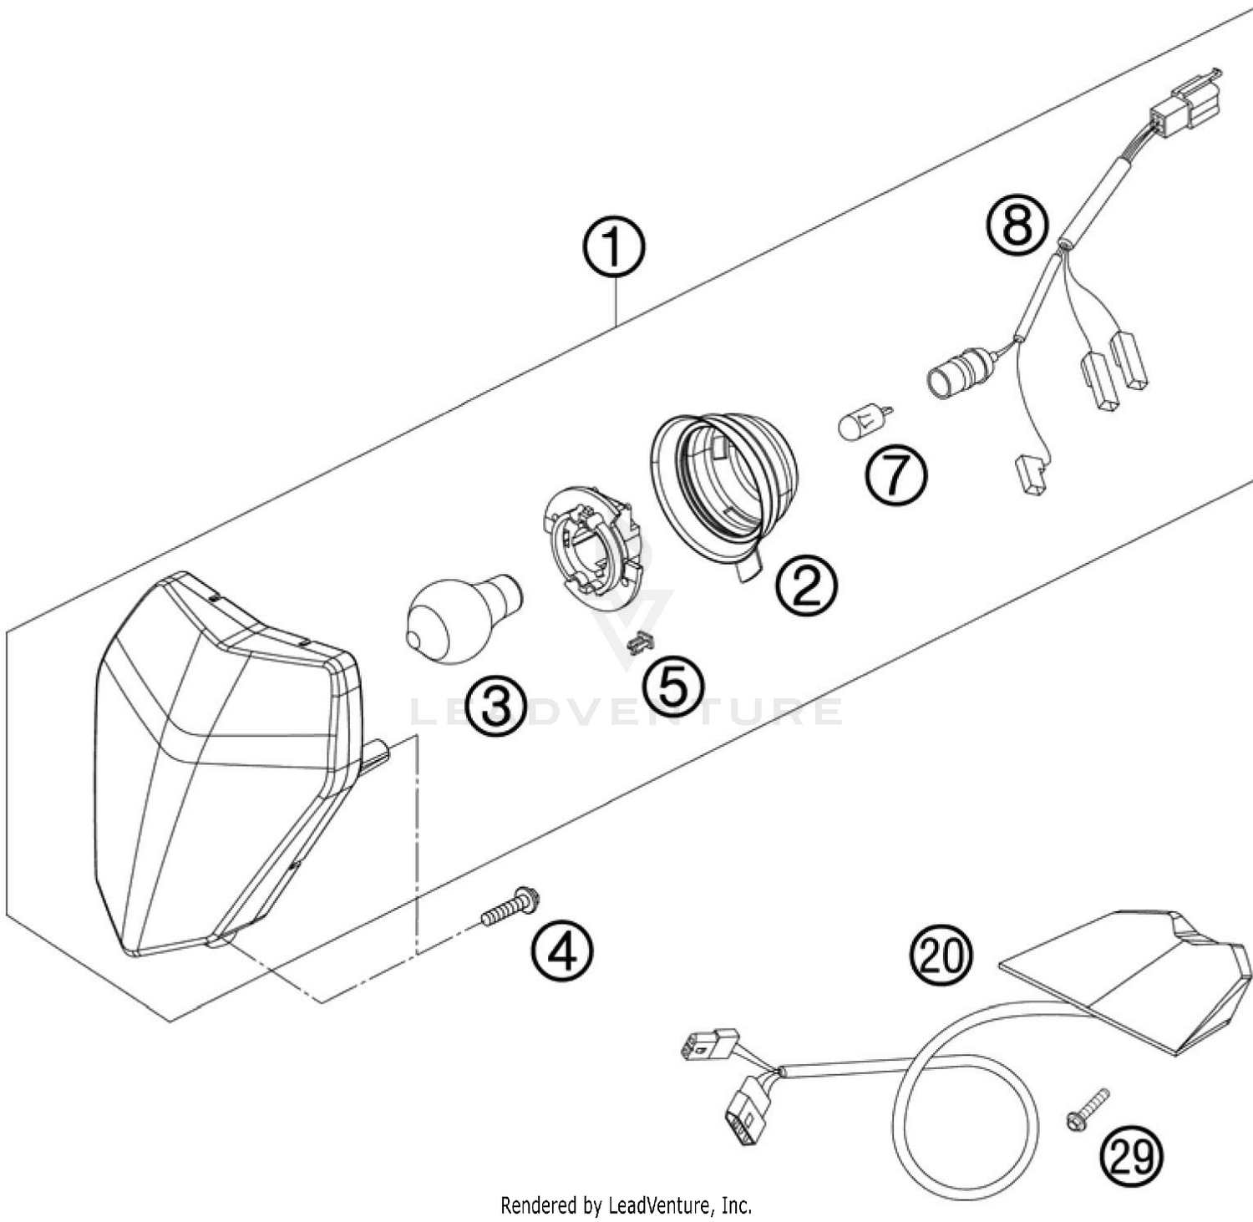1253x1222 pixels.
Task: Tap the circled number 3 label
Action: (497, 707)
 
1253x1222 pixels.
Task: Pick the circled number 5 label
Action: (673, 685)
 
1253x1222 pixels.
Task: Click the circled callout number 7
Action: (896, 475)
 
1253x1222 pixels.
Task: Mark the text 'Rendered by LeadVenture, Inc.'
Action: (626, 1205)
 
